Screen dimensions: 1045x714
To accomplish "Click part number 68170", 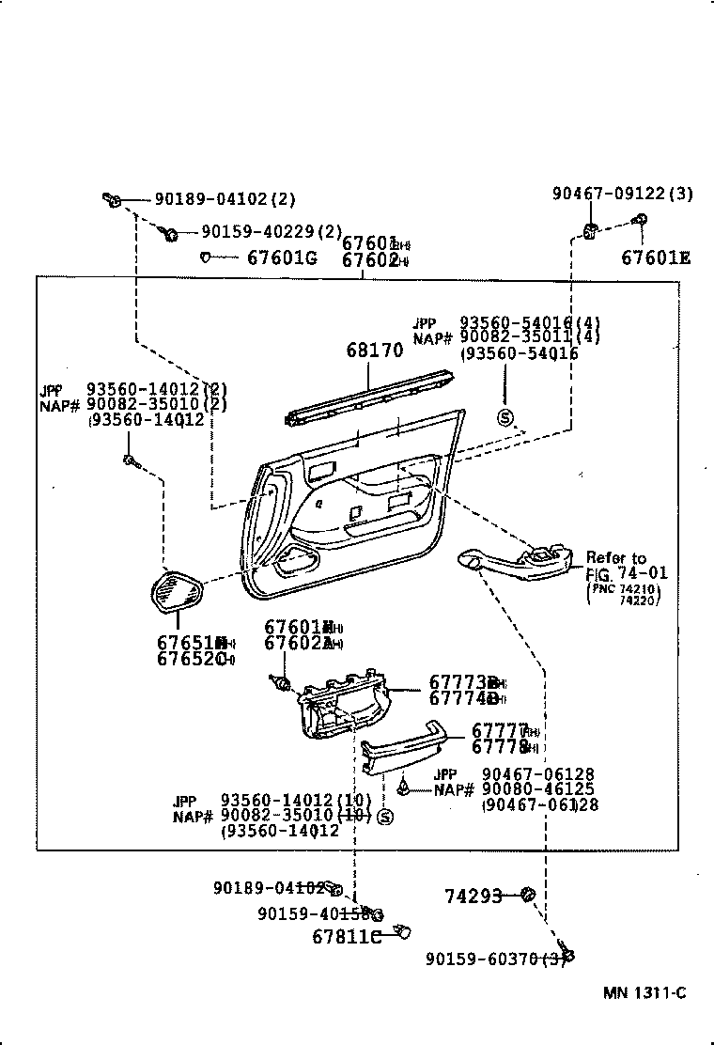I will (374, 350).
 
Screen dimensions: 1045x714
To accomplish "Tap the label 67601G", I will (281, 257).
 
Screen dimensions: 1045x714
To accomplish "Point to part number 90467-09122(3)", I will (622, 194).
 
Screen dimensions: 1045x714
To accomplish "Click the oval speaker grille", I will (178, 592).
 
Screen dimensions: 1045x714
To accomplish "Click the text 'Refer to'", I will (616, 557).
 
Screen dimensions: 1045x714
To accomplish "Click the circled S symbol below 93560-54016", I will (504, 418).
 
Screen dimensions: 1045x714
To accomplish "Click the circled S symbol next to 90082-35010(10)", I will (384, 817).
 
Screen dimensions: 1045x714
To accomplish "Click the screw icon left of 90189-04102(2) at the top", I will (111, 198).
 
